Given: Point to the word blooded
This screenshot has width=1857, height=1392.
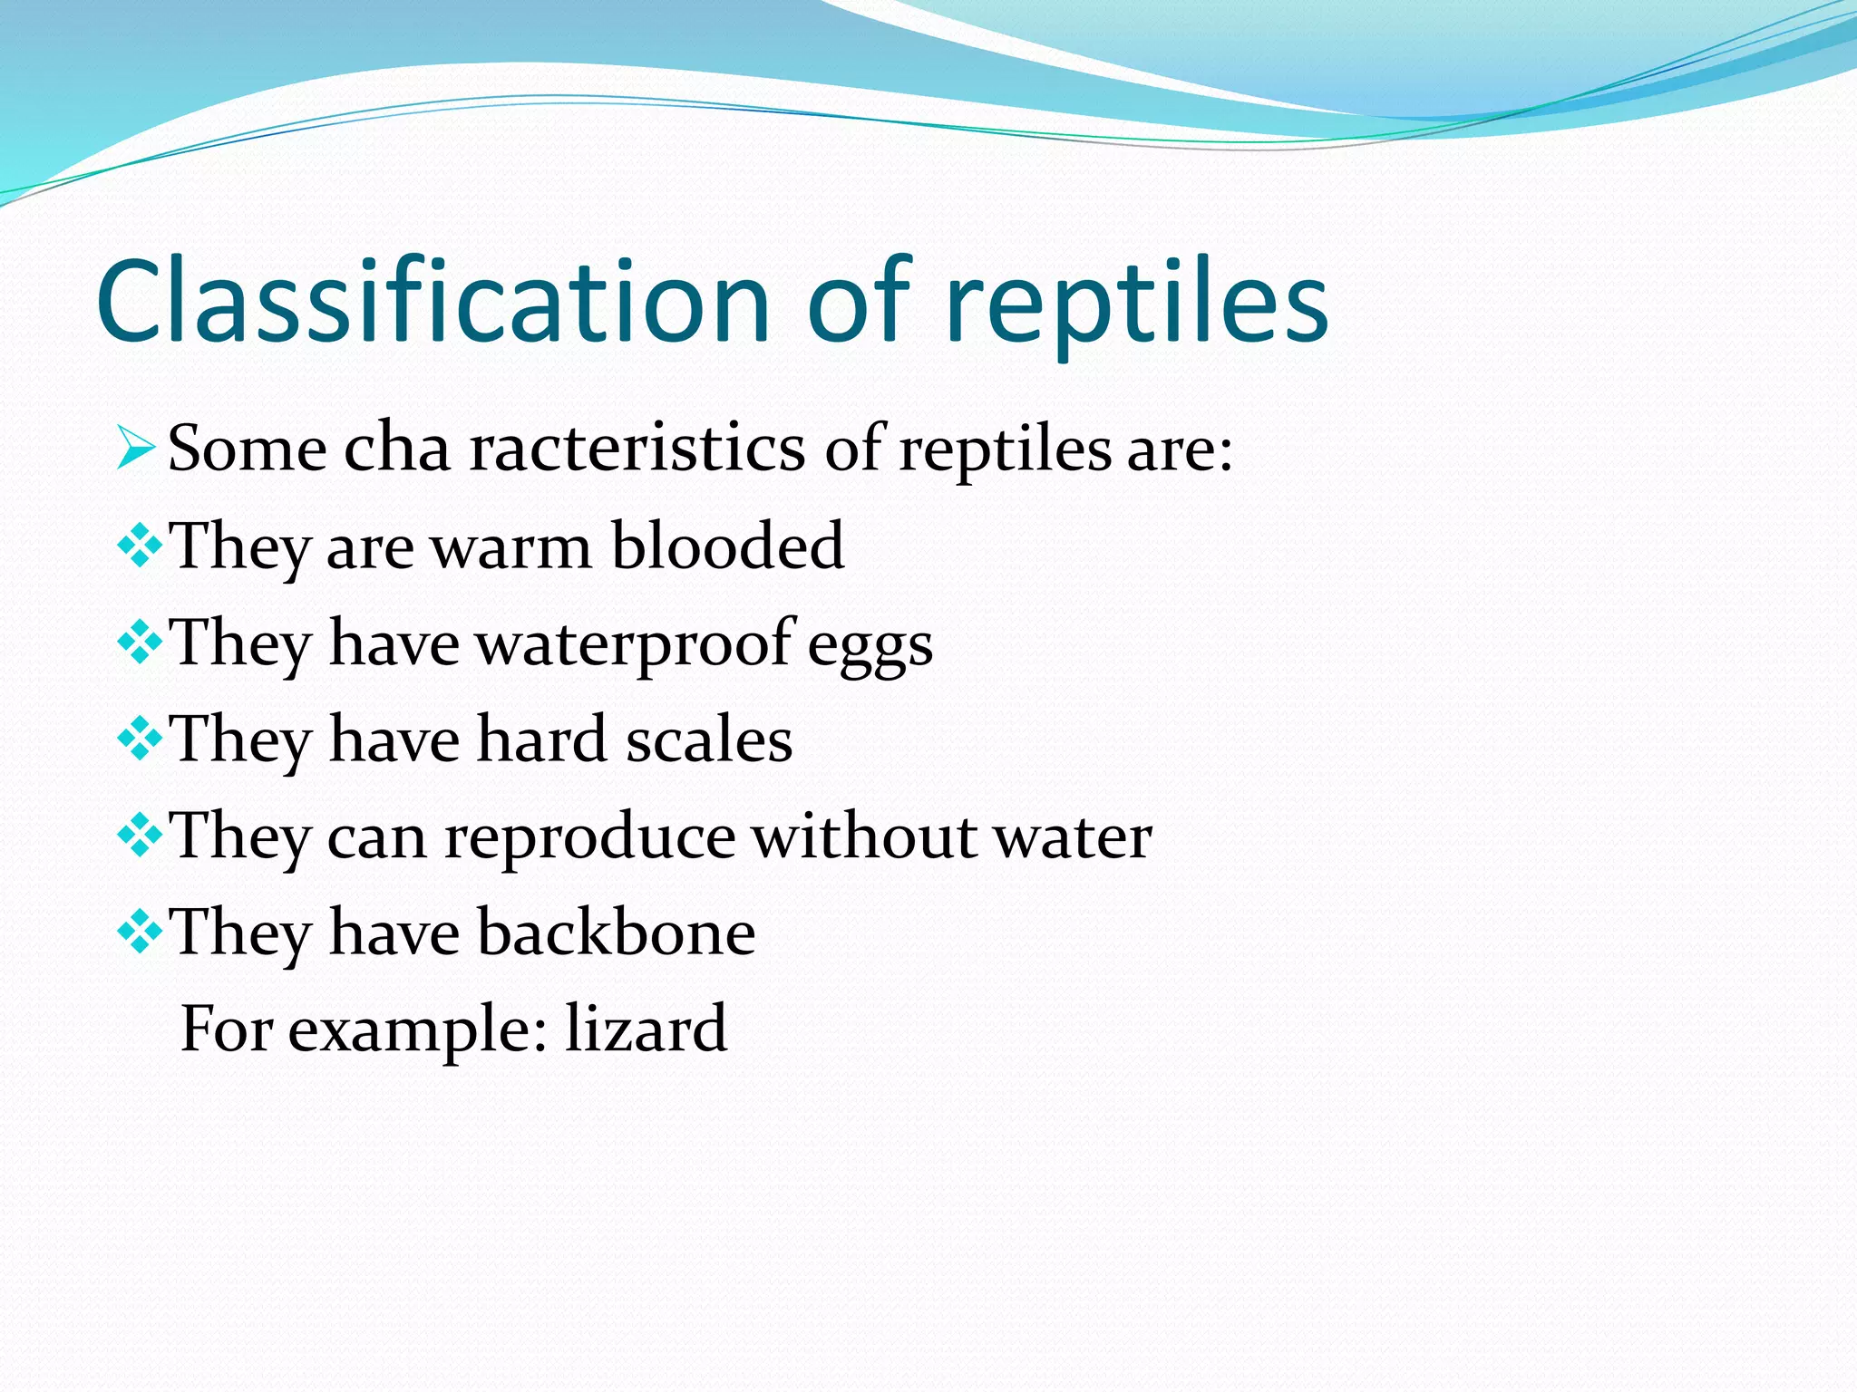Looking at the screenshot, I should (x=727, y=546).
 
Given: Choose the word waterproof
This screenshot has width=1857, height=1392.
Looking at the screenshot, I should (x=635, y=645).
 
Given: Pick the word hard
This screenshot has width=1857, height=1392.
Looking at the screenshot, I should (x=541, y=739).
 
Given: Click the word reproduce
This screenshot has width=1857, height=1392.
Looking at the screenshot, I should (x=589, y=839).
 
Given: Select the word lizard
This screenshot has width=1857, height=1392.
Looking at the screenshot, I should (x=646, y=1029).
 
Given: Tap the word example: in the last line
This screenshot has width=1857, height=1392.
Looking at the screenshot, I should (x=418, y=1031).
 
